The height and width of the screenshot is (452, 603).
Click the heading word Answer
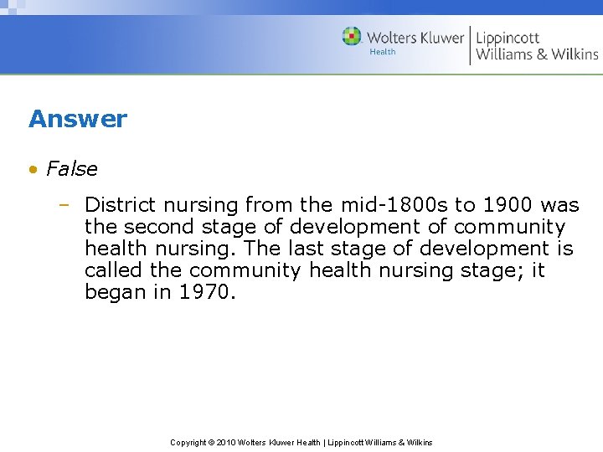pos(78,119)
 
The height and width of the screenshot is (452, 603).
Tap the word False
pos(72,169)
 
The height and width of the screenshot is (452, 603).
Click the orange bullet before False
pos(33,169)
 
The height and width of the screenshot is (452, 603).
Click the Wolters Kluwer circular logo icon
pos(352,37)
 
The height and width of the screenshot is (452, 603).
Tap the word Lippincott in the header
pos(508,38)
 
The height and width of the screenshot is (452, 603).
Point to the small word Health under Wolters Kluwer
pos(382,52)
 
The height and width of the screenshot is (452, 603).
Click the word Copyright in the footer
pos(188,442)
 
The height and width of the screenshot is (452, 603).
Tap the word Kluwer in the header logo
pos(436,38)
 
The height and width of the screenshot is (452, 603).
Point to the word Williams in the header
pos(505,54)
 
